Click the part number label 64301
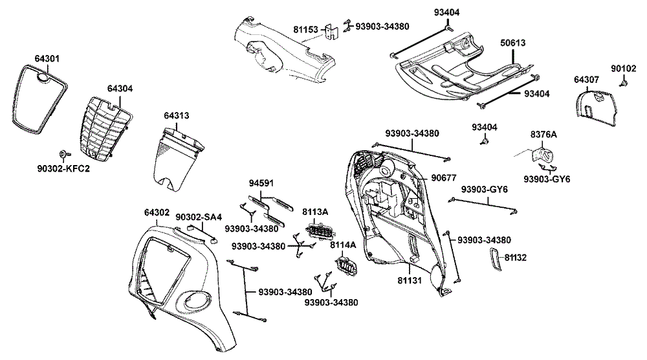click(47, 59)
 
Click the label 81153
click(305, 29)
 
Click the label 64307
click(587, 80)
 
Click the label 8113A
click(316, 212)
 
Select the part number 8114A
click(343, 245)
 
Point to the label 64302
click(157, 212)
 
